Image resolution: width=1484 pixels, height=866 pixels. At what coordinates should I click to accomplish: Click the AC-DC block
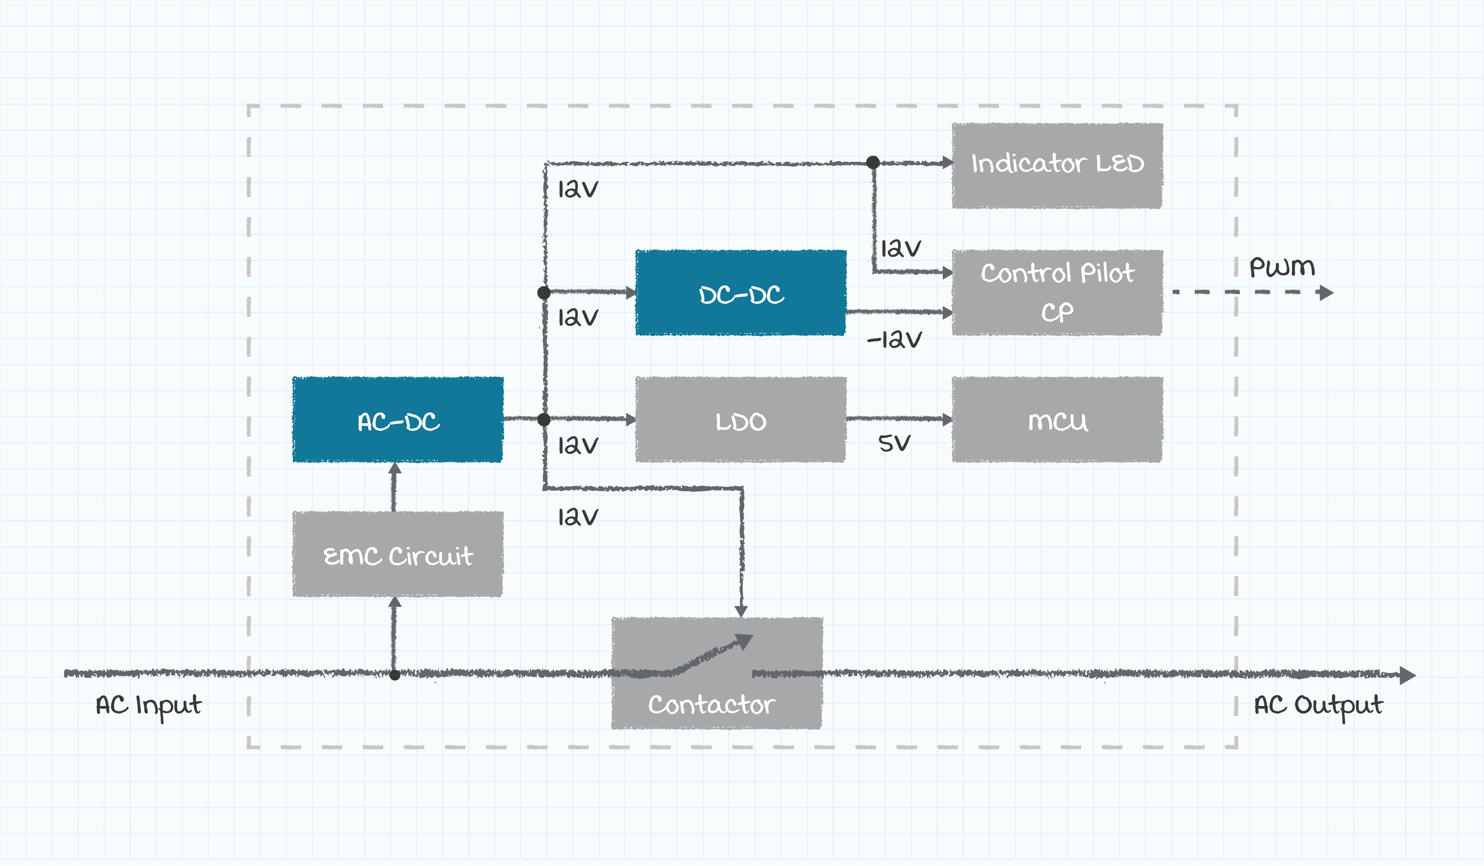tap(398, 419)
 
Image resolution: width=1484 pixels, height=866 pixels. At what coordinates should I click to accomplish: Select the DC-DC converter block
tap(741, 293)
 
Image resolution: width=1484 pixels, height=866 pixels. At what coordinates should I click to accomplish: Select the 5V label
tap(894, 443)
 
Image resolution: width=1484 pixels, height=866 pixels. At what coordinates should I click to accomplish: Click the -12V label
tap(894, 340)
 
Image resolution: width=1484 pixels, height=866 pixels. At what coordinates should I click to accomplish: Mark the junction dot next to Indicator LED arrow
tap(873, 163)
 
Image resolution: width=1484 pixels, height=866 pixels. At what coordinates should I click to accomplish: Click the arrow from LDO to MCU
tap(899, 419)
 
